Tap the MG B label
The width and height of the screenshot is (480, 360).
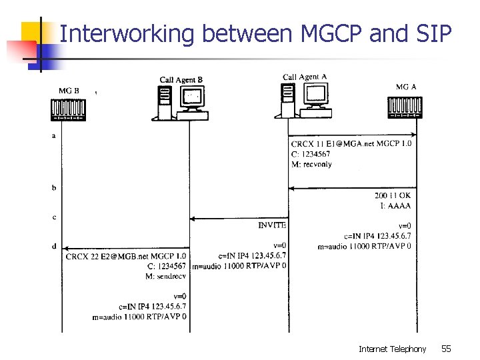coord(69,91)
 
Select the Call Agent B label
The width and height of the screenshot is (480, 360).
coord(181,80)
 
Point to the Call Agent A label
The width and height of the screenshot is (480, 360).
coord(305,77)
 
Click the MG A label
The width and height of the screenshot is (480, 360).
coord(406,87)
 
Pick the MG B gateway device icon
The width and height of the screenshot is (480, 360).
coord(69,109)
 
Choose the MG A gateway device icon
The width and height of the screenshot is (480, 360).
coord(405,107)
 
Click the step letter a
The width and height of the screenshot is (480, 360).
coord(54,136)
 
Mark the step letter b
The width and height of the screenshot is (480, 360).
coord(54,188)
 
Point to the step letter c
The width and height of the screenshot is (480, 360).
coord(54,217)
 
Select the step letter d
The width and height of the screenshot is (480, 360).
coord(54,246)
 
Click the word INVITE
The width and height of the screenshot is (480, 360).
coord(272,225)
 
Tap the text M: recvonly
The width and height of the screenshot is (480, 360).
coord(311,164)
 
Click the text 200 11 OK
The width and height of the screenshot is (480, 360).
coord(393,195)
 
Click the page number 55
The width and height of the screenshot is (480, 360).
coord(446,349)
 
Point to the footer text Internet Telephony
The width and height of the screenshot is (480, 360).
coord(392,349)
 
